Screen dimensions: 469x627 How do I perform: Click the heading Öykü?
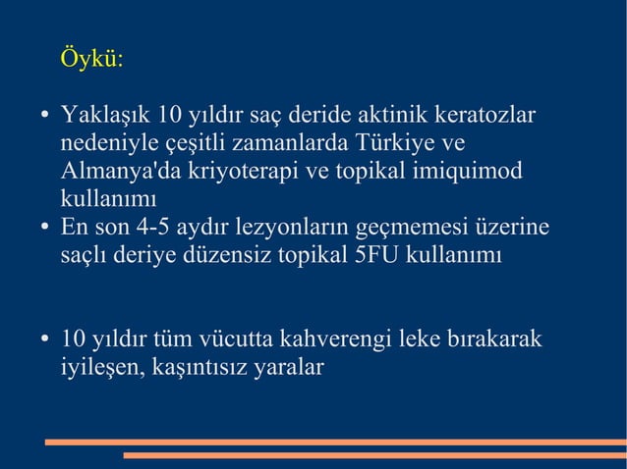click(x=92, y=59)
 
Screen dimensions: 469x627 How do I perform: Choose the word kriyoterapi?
click(x=244, y=172)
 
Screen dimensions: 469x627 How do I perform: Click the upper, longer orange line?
click(x=335, y=442)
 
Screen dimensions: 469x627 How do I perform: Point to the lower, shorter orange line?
click(x=374, y=455)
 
